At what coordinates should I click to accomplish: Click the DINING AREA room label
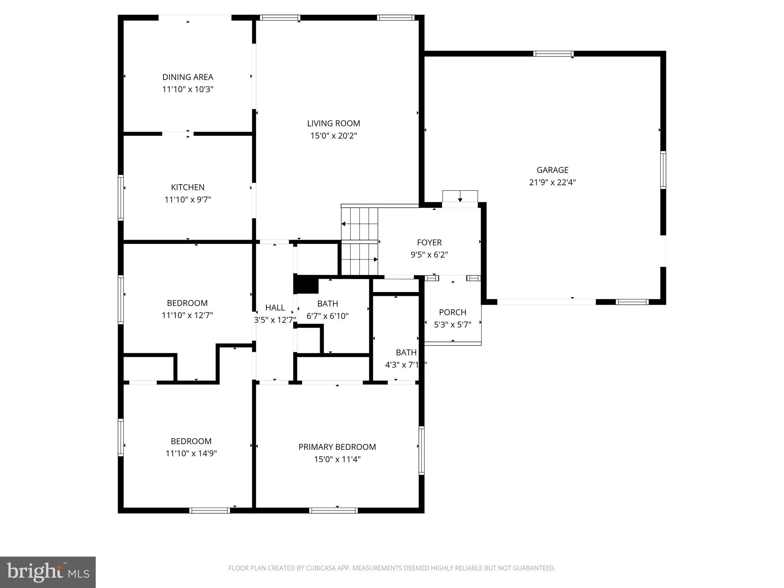[188, 77]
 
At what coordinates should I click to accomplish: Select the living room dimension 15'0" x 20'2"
[333, 136]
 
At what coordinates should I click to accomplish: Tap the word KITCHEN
[188, 187]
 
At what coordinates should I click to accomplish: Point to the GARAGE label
[552, 170]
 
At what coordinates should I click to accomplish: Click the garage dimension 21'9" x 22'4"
[552, 182]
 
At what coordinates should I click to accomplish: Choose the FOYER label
[429, 242]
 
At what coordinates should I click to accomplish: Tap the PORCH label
[452, 312]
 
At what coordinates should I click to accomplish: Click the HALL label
[275, 307]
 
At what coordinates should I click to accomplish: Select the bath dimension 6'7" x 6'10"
[327, 316]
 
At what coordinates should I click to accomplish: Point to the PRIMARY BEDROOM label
[337, 447]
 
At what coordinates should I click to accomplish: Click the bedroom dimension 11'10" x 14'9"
[191, 454]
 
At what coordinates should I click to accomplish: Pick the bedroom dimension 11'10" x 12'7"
[187, 315]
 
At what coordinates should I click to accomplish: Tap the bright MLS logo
[48, 572]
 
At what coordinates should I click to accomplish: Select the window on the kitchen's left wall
[121, 198]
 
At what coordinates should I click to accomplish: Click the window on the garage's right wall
[663, 170]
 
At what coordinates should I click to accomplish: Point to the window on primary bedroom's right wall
[421, 451]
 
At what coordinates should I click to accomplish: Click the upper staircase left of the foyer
[359, 224]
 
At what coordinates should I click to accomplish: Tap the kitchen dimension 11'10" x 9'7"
[188, 199]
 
